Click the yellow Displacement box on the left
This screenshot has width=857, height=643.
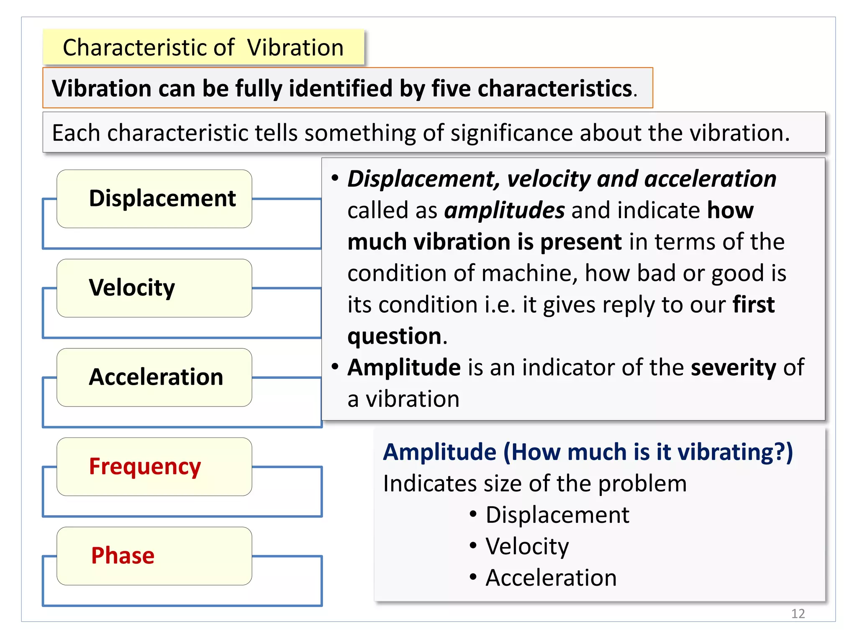tap(154, 198)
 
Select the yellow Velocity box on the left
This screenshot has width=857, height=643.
tap(154, 288)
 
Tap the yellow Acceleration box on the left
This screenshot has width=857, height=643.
tap(154, 377)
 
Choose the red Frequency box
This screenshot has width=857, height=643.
tap(154, 466)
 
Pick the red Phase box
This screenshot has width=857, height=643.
tap(154, 556)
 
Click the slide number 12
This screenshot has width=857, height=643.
tap(798, 613)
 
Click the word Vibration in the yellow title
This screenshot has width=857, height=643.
tap(295, 47)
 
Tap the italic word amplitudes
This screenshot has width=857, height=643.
tap(504, 210)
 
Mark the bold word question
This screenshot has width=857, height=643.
tap(394, 336)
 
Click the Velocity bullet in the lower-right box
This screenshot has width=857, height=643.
tap(527, 546)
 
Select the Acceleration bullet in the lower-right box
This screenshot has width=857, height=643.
tap(551, 578)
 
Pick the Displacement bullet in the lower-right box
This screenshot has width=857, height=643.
tap(557, 515)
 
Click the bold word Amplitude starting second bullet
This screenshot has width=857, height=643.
tap(404, 368)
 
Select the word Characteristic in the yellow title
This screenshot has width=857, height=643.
tap(149, 47)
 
